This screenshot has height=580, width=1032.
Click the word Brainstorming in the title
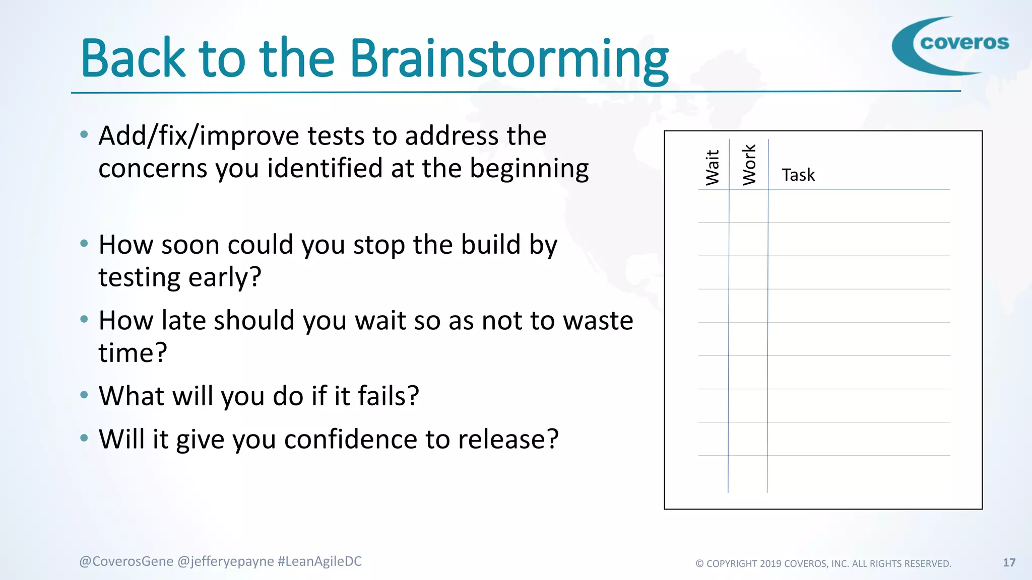coord(509,59)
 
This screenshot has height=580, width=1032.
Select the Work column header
coord(749,165)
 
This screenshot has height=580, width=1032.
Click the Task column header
coord(798,175)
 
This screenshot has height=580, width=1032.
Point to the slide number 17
coord(1009,562)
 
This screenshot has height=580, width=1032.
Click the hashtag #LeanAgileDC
coord(319,561)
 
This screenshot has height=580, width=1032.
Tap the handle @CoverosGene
coord(126,561)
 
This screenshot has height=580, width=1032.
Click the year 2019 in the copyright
coord(770,564)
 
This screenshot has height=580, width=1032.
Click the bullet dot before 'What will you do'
coord(84,395)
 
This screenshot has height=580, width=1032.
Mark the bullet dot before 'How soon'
coord(84,244)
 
